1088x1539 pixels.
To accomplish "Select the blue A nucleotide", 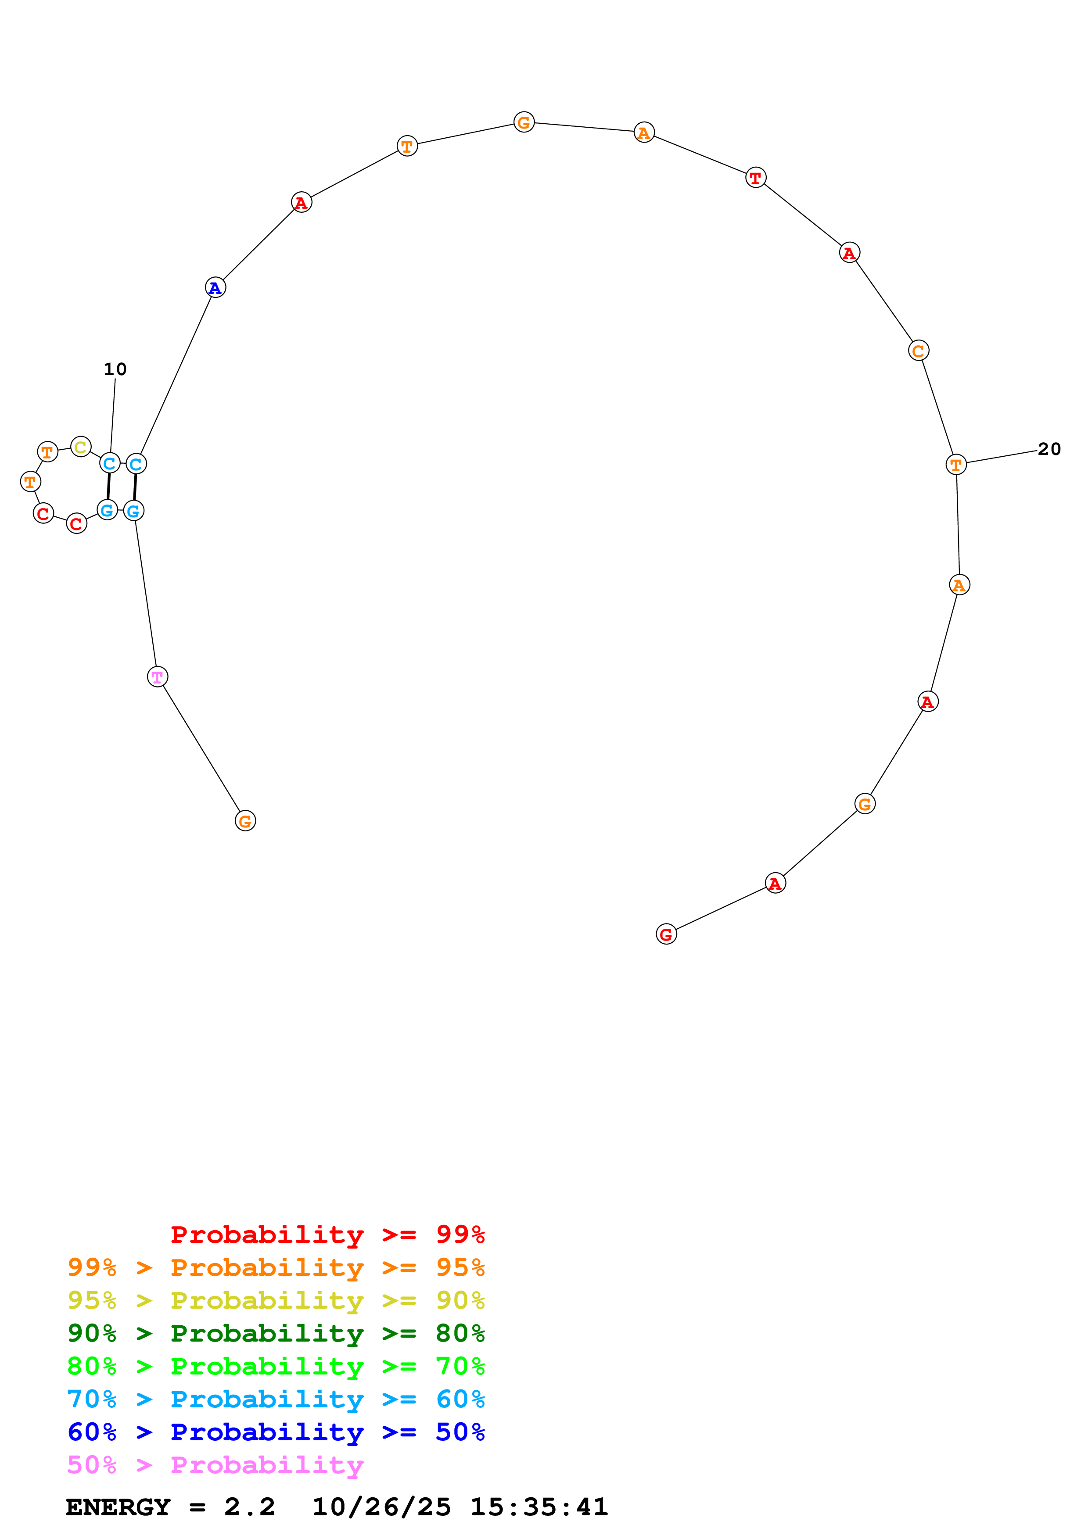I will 215,287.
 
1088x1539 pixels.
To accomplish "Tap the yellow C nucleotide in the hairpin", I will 80,447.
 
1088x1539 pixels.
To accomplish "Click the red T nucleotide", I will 755,178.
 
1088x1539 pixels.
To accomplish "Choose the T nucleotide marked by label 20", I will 956,464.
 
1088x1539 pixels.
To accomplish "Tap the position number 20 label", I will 1049,449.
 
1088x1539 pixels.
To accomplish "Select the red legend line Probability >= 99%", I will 327,1234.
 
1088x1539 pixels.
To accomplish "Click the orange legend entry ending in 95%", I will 276,1267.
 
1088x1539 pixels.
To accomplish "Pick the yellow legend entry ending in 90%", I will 276,1300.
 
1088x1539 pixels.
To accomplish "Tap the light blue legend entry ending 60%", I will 276,1399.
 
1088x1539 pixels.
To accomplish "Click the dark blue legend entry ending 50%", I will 276,1432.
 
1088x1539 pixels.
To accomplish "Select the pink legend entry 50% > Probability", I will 215,1464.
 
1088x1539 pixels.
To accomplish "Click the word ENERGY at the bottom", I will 118,1507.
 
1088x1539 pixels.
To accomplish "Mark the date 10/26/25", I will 381,1507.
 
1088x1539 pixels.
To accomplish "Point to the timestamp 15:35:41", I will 539,1507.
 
